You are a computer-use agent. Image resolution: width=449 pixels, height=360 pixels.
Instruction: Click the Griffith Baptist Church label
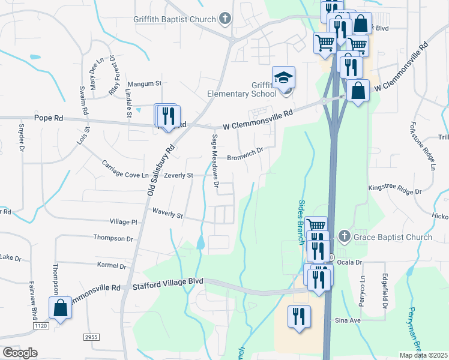174,19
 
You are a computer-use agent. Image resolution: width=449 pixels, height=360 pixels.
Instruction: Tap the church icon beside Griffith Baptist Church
225,19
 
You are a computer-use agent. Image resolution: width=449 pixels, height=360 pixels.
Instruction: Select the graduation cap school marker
284,78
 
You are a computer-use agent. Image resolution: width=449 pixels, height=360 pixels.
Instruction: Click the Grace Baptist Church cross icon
345,237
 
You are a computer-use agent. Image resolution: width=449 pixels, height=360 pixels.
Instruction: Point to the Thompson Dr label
113,238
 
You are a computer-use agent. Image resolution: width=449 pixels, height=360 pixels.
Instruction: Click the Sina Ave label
348,321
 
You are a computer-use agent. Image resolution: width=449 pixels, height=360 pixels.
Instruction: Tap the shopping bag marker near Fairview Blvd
61,308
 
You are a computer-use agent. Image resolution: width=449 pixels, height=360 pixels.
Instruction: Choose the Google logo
20,352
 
